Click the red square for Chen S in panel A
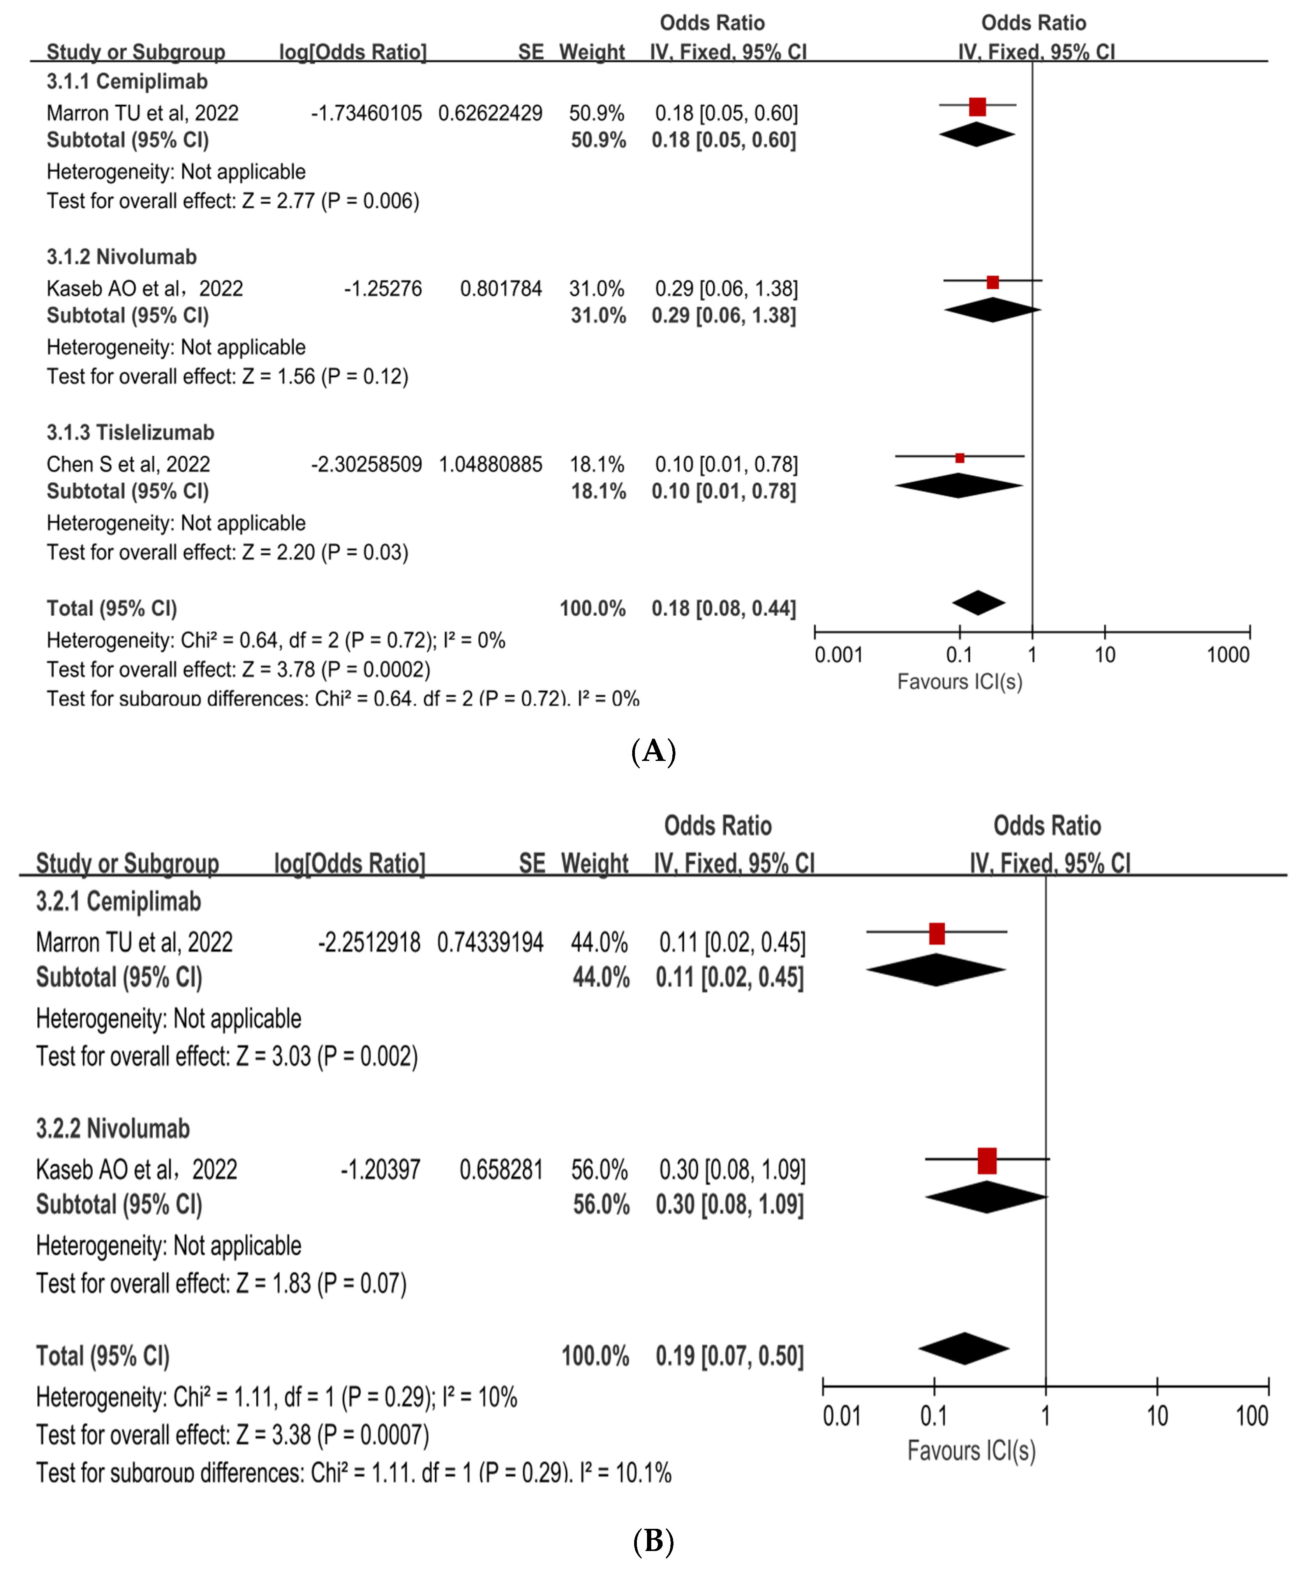click(x=959, y=458)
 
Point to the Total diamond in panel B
click(x=964, y=1348)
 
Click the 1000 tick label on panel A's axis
click(x=1228, y=655)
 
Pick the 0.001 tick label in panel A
click(x=839, y=655)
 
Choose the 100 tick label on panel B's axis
click(x=1252, y=1416)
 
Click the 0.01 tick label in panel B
click(x=841, y=1416)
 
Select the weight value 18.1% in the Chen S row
click(x=597, y=464)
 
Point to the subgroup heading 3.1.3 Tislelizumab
click(x=130, y=432)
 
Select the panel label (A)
click(x=653, y=750)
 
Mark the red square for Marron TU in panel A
click(x=977, y=107)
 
